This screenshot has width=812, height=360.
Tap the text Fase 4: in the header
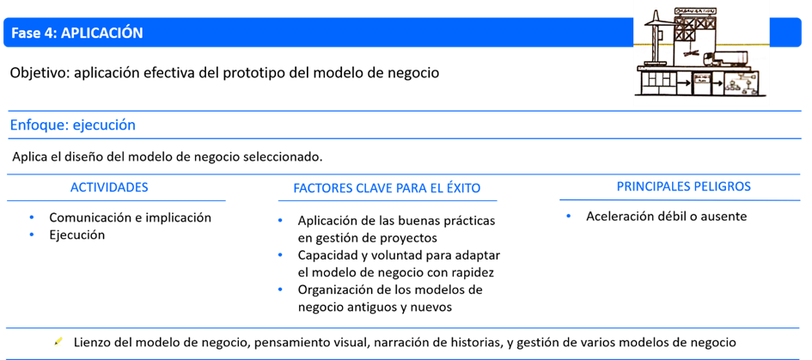pos(34,34)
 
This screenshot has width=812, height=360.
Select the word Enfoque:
pos(39,125)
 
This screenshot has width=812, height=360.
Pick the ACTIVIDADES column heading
pos(109,187)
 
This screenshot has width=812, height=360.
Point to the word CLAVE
pos(375,188)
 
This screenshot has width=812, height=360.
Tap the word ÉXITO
pos(461,188)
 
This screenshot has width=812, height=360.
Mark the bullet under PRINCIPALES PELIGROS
pos(569,216)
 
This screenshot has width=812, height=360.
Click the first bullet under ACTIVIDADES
pos(31,217)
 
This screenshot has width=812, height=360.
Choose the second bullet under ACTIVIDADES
pos(31,234)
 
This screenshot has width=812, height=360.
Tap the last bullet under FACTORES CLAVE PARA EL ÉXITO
pos(280,289)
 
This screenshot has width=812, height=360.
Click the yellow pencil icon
pos(58,342)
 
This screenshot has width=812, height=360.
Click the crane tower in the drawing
pos(657,43)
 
